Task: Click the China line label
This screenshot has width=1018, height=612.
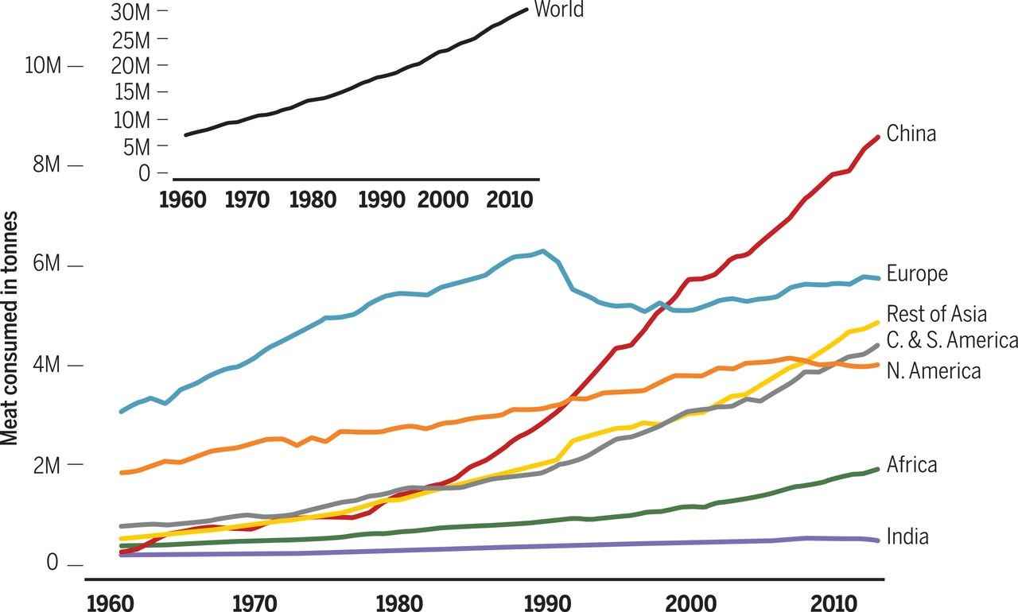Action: point(911,134)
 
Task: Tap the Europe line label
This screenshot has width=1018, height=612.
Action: point(917,273)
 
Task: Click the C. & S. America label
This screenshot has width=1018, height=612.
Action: point(951,340)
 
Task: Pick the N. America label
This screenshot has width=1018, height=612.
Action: point(933,370)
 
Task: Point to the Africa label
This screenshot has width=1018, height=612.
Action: point(911,464)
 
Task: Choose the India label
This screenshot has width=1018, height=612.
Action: point(907,536)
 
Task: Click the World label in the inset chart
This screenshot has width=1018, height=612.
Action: point(558,10)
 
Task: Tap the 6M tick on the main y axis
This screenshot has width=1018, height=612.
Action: point(47,265)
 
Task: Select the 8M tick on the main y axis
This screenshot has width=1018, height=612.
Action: point(47,165)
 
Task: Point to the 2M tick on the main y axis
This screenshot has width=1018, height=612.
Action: point(47,465)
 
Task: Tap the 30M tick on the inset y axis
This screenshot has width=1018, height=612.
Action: point(130,11)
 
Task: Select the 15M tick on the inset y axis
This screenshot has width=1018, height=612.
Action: point(130,92)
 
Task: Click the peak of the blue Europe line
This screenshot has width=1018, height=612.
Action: point(543,251)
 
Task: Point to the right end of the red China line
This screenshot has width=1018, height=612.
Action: point(877,137)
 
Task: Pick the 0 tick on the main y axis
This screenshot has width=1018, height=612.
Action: point(53,564)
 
